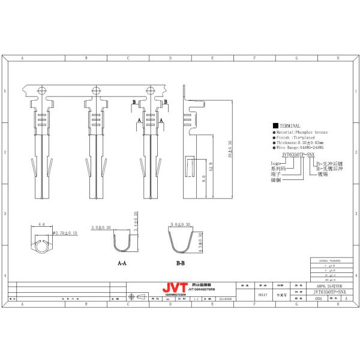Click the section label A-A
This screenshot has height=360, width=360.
122,263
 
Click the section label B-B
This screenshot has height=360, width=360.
180,263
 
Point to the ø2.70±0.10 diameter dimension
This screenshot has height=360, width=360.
65,232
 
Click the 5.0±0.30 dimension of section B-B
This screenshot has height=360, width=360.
181,224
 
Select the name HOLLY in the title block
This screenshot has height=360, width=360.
262,295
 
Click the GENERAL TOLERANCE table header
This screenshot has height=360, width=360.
328,261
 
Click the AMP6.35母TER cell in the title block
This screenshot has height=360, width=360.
326,286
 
